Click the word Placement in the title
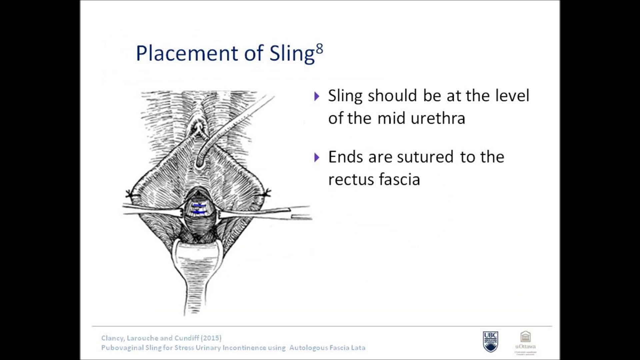click(187, 53)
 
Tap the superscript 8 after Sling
click(319, 49)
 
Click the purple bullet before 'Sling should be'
click(317, 96)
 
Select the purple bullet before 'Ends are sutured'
click(317, 157)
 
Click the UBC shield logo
click(490, 341)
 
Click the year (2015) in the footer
click(211, 338)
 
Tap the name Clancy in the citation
click(113, 338)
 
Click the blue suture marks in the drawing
click(199, 208)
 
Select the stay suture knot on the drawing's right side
click(267, 193)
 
